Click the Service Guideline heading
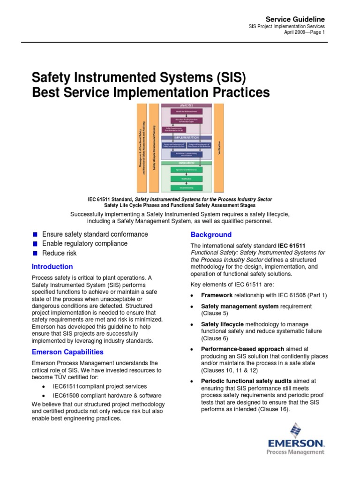[295, 19]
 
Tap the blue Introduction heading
[52, 267]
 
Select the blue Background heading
[211, 234]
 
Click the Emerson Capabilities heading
[67, 352]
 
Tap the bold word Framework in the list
[217, 295]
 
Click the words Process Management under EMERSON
[295, 452]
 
